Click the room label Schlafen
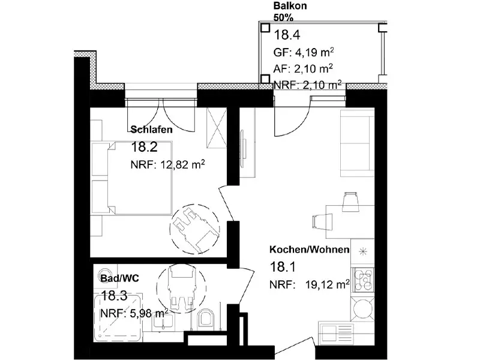pos(152,130)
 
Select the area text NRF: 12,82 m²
pos(168,164)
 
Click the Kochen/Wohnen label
pos(310,250)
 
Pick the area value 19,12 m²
pos(328,284)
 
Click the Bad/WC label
pos(119,278)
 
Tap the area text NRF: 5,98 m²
pos(134,313)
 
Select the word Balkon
pos(290,5)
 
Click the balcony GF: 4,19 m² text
pos(304,52)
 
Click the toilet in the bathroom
pos(206,319)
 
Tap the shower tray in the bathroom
pos(118,318)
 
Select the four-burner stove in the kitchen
pos(363,280)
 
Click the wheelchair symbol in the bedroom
pos(194,229)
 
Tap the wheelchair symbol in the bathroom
pos(181,289)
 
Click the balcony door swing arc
pos(302,125)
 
